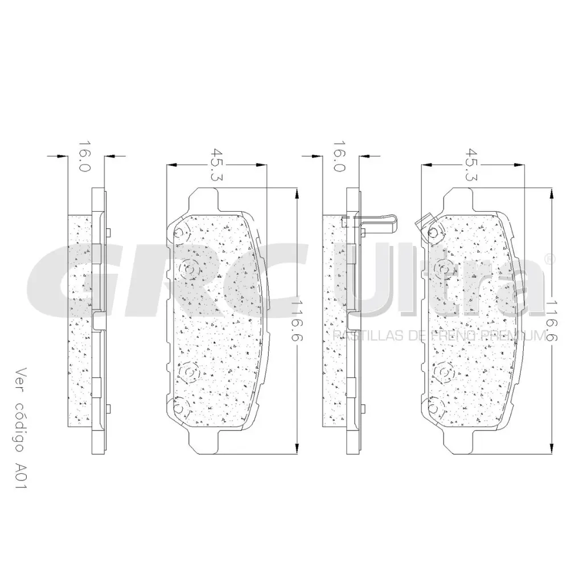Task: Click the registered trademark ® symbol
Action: coord(549,259)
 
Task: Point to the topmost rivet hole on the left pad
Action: coord(182,232)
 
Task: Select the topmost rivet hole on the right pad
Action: coord(436,232)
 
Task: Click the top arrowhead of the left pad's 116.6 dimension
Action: coord(297,194)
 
